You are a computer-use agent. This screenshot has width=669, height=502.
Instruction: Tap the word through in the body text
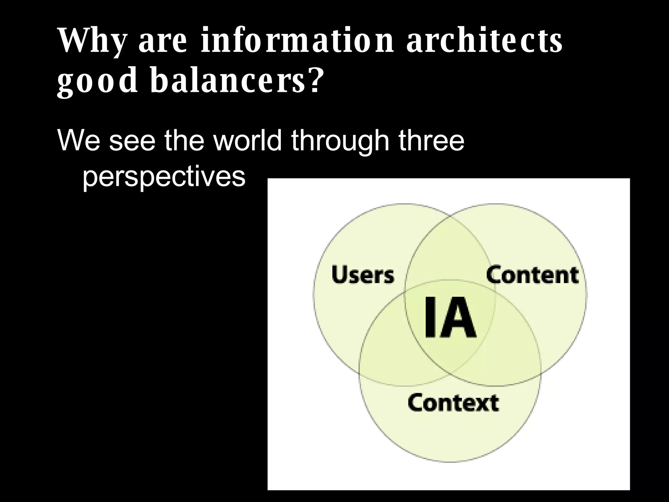pos(340,141)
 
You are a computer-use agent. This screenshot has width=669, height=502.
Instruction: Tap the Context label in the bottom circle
pos(453,403)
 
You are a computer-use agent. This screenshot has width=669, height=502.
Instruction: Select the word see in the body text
pos(132,141)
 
